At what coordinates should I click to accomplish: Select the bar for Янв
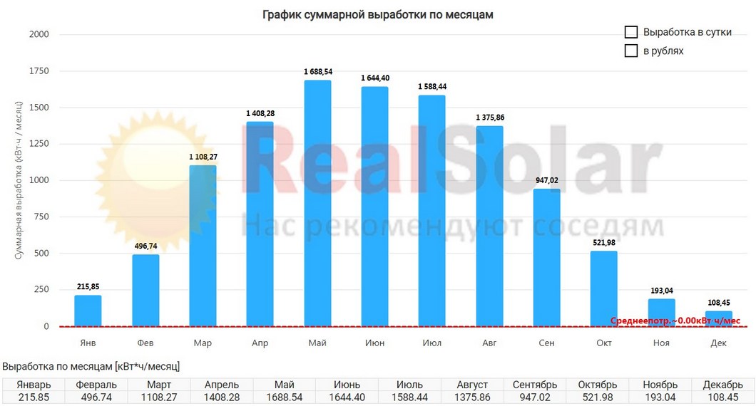(x=88, y=311)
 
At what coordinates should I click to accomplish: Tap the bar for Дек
(x=718, y=318)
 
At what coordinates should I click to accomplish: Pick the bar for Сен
(x=546, y=257)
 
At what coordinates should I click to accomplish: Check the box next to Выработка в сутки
(x=630, y=32)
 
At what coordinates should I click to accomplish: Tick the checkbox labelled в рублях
(x=630, y=51)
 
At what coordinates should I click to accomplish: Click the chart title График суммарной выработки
(x=377, y=14)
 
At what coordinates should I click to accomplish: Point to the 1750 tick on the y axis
(x=39, y=71)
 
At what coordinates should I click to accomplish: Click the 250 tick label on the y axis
(x=42, y=290)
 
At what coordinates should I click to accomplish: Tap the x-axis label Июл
(x=431, y=343)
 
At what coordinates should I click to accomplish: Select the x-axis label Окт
(x=604, y=343)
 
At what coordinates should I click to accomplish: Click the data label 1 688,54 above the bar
(x=317, y=72)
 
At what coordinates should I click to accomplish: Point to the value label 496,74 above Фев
(x=145, y=246)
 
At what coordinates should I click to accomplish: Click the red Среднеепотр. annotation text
(x=675, y=321)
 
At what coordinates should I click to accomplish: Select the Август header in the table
(x=474, y=385)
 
